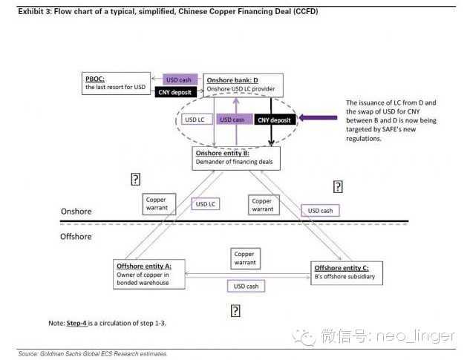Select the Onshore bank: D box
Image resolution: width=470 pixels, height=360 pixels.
click(x=238, y=83)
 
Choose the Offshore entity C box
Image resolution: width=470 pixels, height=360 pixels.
click(x=347, y=272)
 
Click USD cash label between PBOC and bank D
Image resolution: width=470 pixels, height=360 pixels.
click(x=180, y=79)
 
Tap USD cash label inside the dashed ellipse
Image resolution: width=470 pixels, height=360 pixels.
click(x=232, y=119)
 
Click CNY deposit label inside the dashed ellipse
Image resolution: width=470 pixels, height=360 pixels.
click(x=275, y=119)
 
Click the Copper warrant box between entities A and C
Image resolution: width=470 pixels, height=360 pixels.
click(x=244, y=258)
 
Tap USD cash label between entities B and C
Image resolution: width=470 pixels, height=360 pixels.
click(x=321, y=211)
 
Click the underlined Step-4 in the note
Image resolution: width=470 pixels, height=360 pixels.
click(x=76, y=324)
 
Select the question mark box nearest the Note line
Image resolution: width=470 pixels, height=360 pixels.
click(x=235, y=310)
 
